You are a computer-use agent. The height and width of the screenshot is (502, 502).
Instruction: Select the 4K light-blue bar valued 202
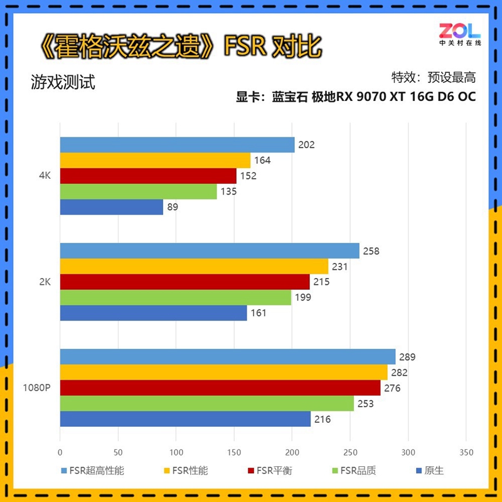177,145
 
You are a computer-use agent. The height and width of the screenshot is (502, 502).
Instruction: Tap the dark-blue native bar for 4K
111,207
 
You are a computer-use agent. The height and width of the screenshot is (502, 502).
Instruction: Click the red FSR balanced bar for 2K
184,282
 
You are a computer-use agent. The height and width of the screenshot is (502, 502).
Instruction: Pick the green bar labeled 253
206,403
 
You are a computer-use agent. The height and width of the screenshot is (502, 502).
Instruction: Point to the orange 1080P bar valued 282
223,373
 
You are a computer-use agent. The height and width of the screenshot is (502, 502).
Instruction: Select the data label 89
173,207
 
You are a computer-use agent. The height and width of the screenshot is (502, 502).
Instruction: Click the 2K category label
44,282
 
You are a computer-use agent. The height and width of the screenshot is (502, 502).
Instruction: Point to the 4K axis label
44,176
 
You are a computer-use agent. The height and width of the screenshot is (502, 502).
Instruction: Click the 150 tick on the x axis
234,452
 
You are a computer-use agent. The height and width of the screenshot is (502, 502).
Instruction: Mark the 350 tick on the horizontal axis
466,452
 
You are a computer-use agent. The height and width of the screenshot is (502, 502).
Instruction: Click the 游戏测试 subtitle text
63,82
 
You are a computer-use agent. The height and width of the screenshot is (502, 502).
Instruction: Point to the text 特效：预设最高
434,77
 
